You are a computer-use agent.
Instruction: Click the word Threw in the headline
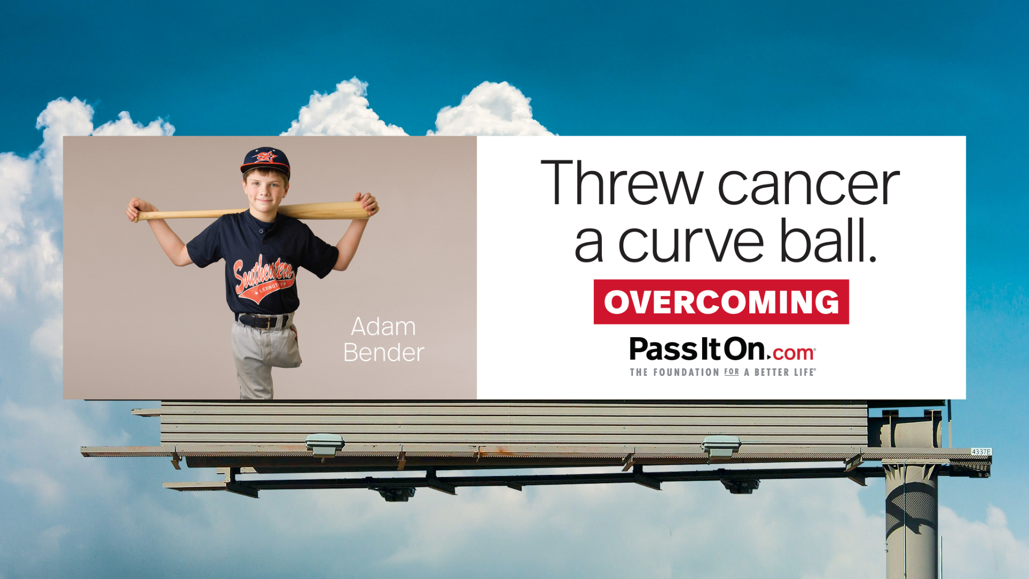tap(621, 183)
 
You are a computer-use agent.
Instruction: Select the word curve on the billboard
tap(691, 242)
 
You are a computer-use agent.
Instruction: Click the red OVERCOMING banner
tap(721, 302)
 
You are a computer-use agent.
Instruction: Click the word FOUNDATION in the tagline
tap(686, 373)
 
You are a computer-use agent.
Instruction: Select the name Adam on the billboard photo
tap(383, 326)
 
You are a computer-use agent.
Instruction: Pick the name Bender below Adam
tap(384, 353)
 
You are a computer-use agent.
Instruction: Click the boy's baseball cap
tap(266, 160)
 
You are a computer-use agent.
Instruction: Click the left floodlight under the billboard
tap(325, 444)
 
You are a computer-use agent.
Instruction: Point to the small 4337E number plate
tap(981, 452)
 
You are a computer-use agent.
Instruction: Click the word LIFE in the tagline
tap(804, 373)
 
